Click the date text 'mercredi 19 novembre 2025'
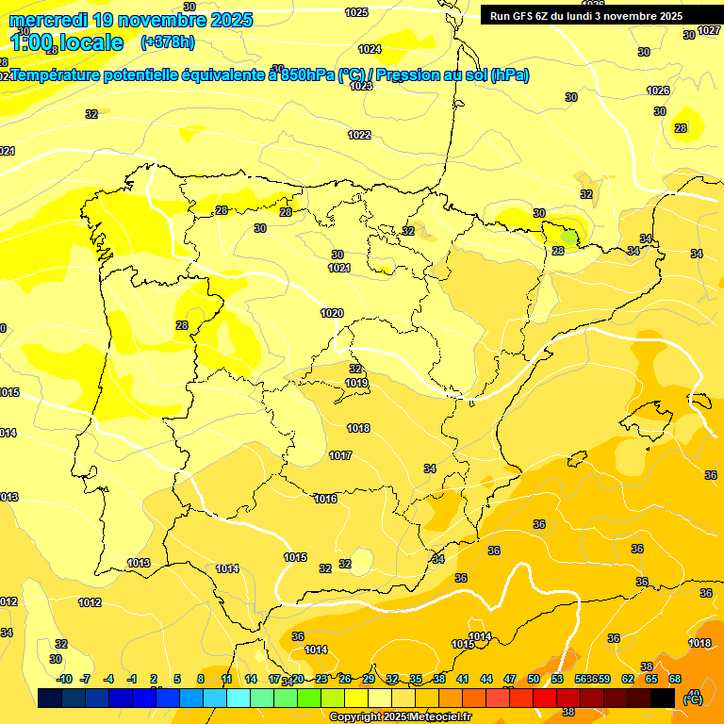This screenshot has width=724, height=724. pyautogui.click(x=131, y=20)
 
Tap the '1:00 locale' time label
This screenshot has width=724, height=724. pyautogui.click(x=67, y=42)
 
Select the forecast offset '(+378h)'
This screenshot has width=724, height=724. pyautogui.click(x=167, y=42)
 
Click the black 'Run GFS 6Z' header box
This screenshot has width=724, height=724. pyautogui.click(x=599, y=15)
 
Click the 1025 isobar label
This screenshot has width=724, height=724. pyautogui.click(x=356, y=12)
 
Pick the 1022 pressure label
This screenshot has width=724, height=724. pyautogui.click(x=359, y=135)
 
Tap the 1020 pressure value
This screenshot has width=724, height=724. pyautogui.click(x=332, y=313)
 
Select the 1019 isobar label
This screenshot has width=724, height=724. pyautogui.click(x=356, y=383)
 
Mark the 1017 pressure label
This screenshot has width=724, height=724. pyautogui.click(x=340, y=455)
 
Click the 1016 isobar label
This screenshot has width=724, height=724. pyautogui.click(x=326, y=499)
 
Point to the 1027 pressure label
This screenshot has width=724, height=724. pyautogui.click(x=709, y=31)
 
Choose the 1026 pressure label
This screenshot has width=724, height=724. pyautogui.click(x=658, y=90)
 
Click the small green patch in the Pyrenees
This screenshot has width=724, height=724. pyautogui.click(x=569, y=237)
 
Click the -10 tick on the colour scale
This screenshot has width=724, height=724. pyautogui.click(x=64, y=679)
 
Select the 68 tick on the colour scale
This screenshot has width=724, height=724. pyautogui.click(x=675, y=679)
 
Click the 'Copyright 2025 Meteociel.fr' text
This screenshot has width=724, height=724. pyautogui.click(x=400, y=716)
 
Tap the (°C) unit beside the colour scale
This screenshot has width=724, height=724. pyautogui.click(x=693, y=698)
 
